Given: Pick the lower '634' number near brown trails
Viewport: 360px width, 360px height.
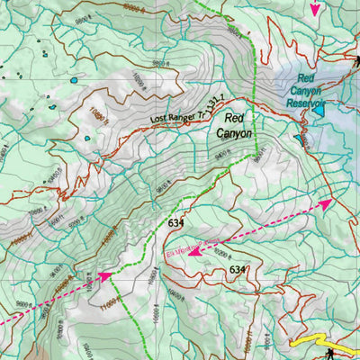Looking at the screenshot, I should click(x=238, y=269).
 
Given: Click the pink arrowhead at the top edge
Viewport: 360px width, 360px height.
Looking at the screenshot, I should click(x=314, y=9).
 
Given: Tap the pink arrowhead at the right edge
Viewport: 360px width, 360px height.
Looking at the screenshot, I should click(x=324, y=204).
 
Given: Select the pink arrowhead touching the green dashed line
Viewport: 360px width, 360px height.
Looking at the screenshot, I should click(x=105, y=276).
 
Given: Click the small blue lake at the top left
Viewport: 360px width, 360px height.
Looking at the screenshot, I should click(x=73, y=79).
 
